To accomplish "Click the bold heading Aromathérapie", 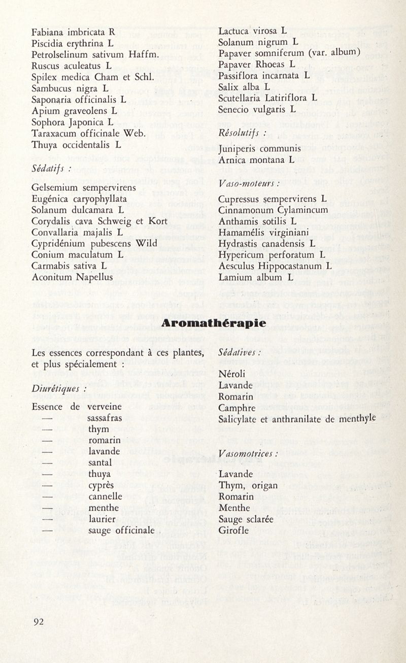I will (x=214, y=323).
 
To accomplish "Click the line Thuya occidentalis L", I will (x=76, y=145).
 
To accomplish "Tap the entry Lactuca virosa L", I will (x=252, y=30).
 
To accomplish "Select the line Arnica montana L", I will (x=256, y=160).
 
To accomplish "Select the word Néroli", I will (x=231, y=375).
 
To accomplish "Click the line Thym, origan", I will (x=248, y=485).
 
